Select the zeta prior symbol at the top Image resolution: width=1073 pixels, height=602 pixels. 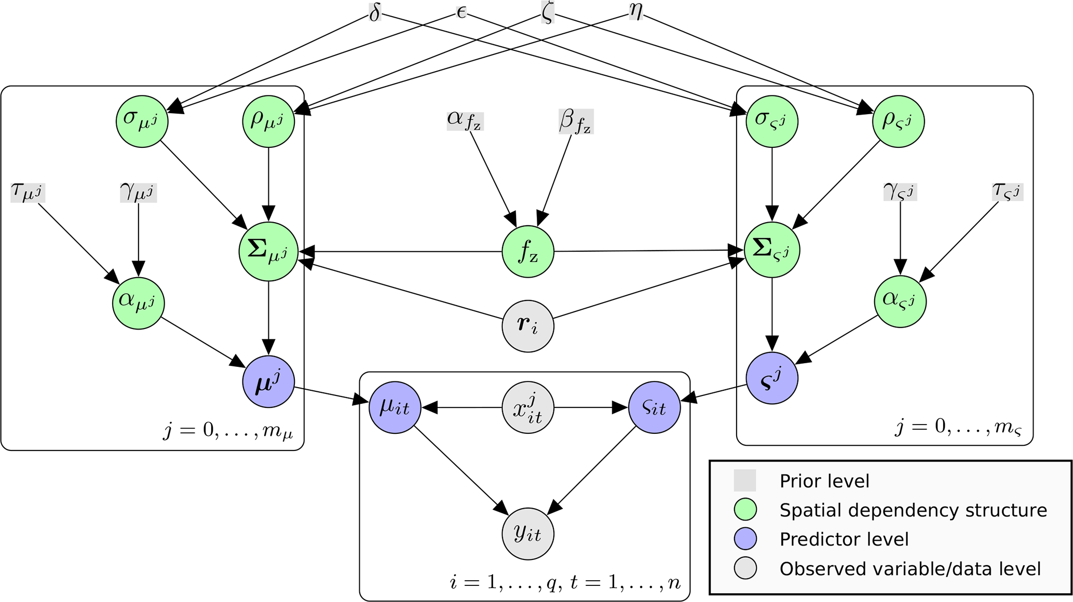click(547, 12)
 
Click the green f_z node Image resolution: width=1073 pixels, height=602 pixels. click(528, 252)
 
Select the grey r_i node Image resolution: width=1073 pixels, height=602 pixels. click(528, 326)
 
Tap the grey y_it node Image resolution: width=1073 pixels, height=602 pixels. click(528, 533)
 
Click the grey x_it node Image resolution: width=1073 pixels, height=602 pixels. click(528, 408)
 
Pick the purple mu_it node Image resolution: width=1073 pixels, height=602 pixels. click(395, 408)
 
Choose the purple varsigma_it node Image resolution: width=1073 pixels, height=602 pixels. click(654, 408)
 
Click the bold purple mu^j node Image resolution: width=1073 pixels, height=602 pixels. click(268, 382)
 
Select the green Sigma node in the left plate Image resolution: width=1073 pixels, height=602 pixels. click(268, 252)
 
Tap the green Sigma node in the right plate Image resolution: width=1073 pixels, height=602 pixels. click(772, 250)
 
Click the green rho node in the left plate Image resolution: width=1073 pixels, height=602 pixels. click(268, 121)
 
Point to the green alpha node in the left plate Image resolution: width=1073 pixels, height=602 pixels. click(139, 303)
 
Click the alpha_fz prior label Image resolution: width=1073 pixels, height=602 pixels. click(465, 120)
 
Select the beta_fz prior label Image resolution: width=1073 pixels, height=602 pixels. click(576, 121)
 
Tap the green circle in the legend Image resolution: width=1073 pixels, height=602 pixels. click(745, 510)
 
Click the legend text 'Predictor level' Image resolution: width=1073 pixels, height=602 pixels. click(844, 540)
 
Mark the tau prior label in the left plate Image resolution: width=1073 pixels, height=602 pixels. click(28, 193)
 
